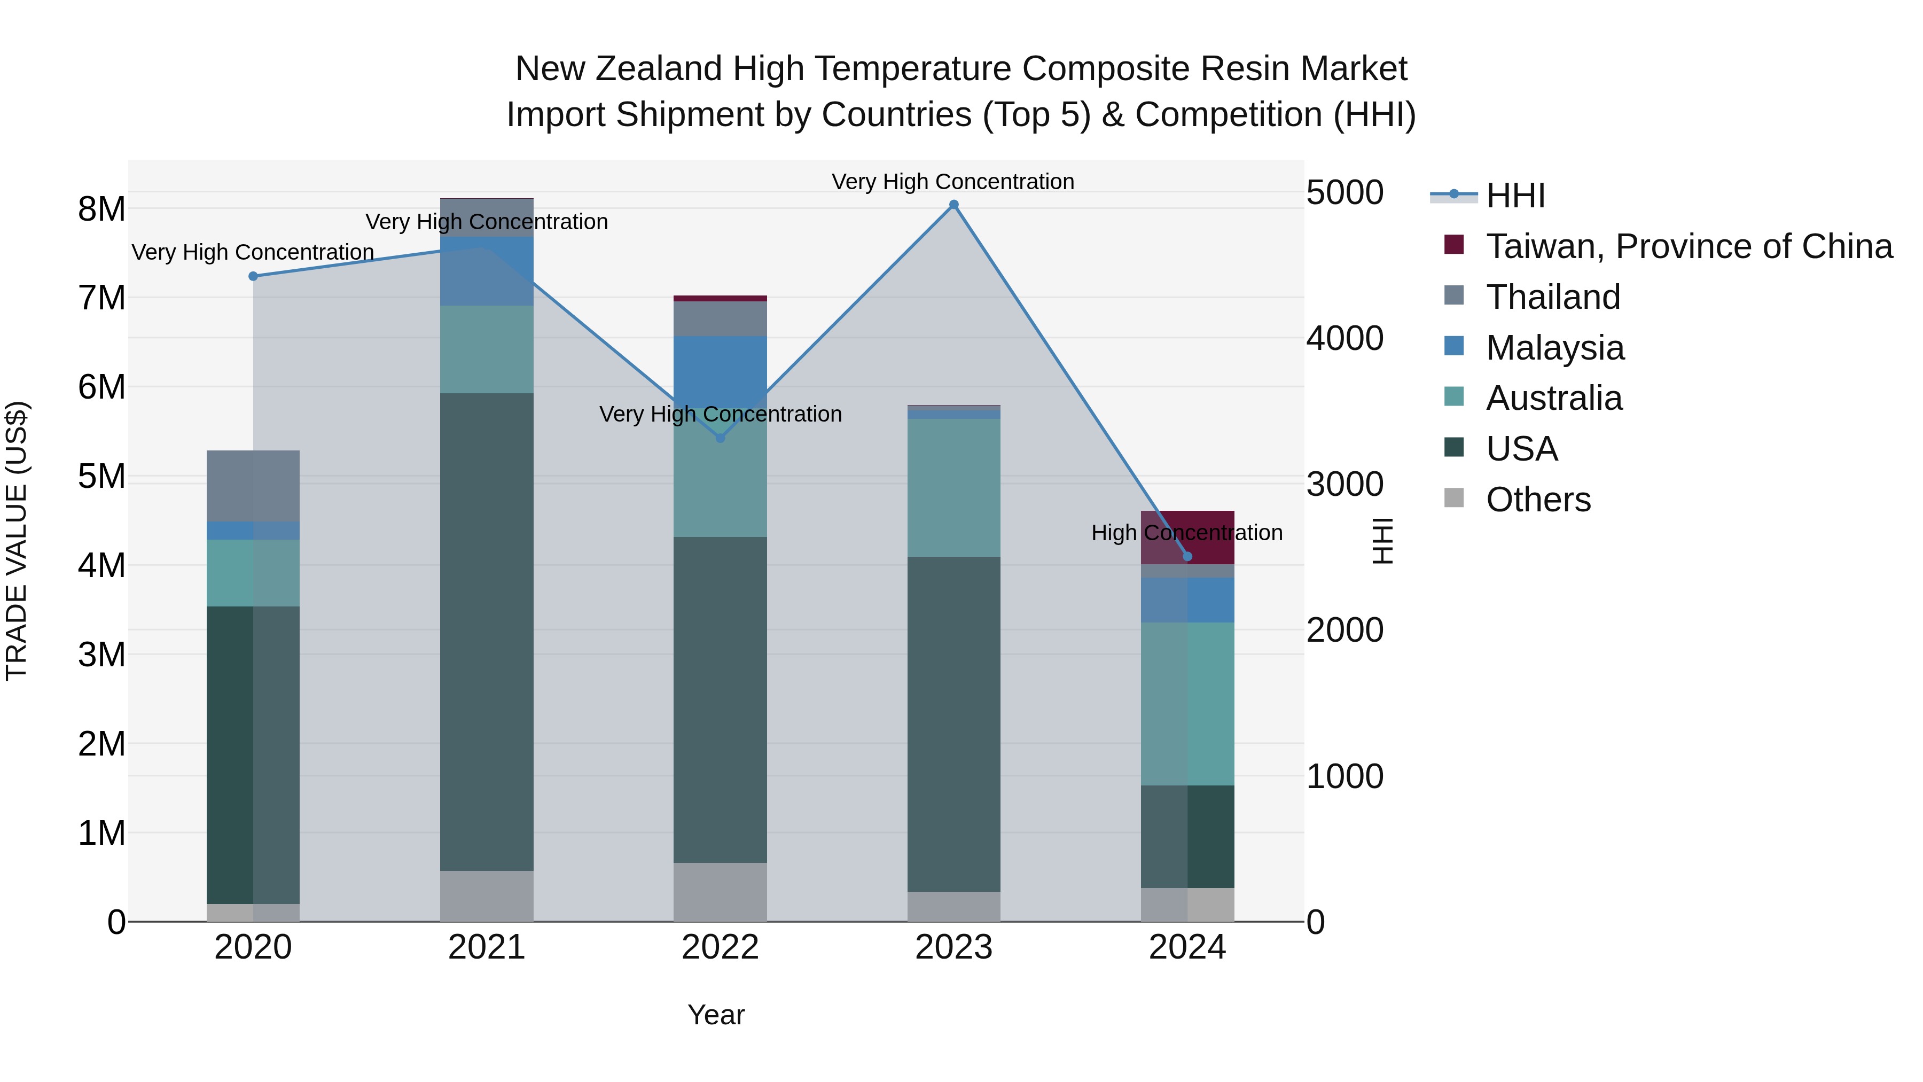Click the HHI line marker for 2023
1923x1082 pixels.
pyautogui.click(x=953, y=205)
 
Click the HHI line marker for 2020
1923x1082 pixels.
pyautogui.click(x=253, y=276)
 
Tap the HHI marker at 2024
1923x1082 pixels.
pyautogui.click(x=1187, y=556)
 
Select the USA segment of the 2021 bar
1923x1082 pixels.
pyautogui.click(x=487, y=631)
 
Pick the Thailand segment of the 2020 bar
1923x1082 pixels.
pyautogui.click(x=253, y=485)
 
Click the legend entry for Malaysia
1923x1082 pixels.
pyautogui.click(x=1554, y=348)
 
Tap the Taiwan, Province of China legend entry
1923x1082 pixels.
pyautogui.click(x=1689, y=246)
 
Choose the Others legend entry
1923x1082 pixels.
pyautogui.click(x=1538, y=500)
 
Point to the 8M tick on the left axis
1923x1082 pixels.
pyautogui.click(x=101, y=209)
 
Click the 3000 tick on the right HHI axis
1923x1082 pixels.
pyautogui.click(x=1344, y=484)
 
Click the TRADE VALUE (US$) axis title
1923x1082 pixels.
pyautogui.click(x=17, y=541)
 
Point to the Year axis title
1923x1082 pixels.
pyautogui.click(x=715, y=1015)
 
